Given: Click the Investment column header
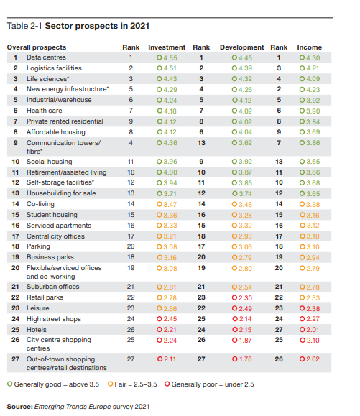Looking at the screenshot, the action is coord(167,47).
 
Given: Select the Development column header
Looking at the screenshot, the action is coord(241,47).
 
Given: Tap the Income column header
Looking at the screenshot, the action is coord(309,47).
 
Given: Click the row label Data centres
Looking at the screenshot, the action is coord(46,57).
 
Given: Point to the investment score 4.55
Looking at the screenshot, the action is coord(170,57).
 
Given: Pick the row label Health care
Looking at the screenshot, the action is coord(45,111).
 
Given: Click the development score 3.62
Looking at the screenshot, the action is coord(245,143).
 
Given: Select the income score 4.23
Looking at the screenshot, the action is coord(313,90).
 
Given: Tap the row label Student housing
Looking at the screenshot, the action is coord(52,215).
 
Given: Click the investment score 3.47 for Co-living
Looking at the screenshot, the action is coord(170,205).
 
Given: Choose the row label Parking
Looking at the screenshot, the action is coord(38,246).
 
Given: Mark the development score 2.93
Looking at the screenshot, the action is coord(245,236).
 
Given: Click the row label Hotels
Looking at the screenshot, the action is coord(37,330).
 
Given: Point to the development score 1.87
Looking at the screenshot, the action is coord(245,341).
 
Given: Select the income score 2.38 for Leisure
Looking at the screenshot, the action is coord(313,308).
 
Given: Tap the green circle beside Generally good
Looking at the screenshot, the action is coord(10,384).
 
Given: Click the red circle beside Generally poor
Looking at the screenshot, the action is coord(167,384).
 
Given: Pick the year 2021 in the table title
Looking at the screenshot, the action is coord(140,26).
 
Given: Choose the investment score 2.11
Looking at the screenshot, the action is coord(170,359).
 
